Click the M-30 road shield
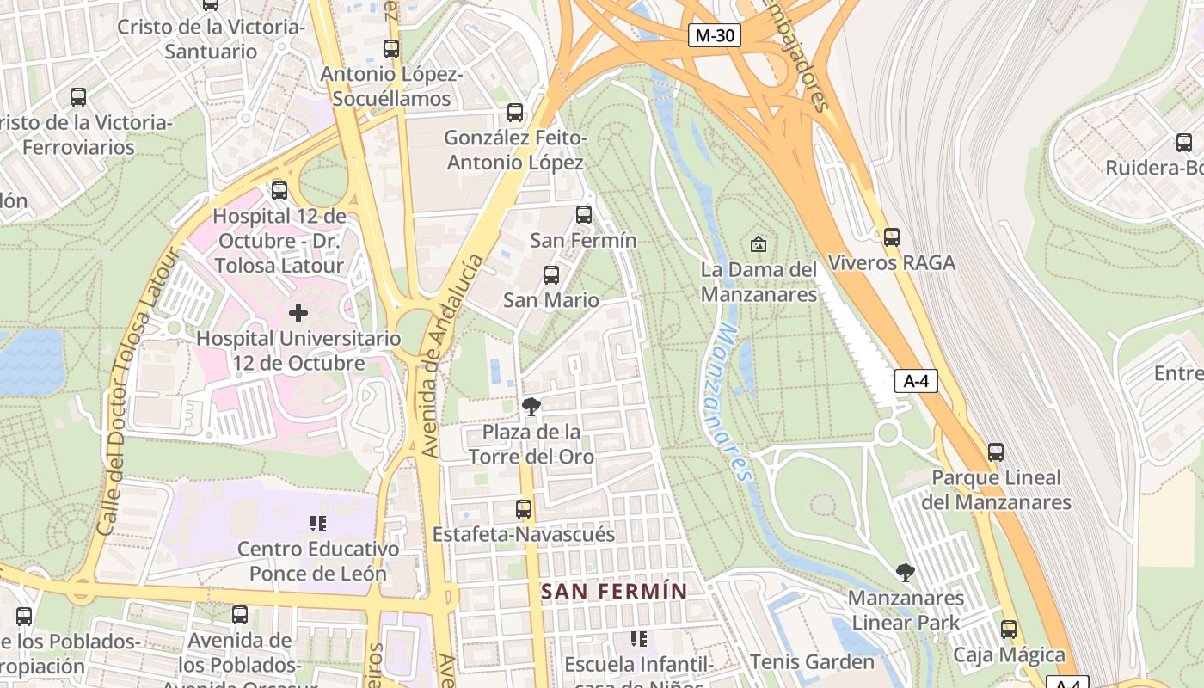point(715,35)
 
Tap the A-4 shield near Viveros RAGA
point(916,381)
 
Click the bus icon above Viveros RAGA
point(892,236)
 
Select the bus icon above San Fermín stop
point(584,214)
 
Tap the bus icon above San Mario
point(551,275)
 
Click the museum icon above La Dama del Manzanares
point(758,244)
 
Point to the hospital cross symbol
point(298,313)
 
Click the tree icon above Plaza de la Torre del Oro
point(531,406)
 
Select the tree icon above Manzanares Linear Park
point(905,572)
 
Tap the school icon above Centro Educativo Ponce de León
point(318,523)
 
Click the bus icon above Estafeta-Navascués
point(523,508)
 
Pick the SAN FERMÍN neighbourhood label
point(614,592)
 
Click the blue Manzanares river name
point(731,400)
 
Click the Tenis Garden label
point(812,661)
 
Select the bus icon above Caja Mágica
point(1009,630)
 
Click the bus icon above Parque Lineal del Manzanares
point(996,451)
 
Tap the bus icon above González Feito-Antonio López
point(515,113)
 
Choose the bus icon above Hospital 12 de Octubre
point(279,190)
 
